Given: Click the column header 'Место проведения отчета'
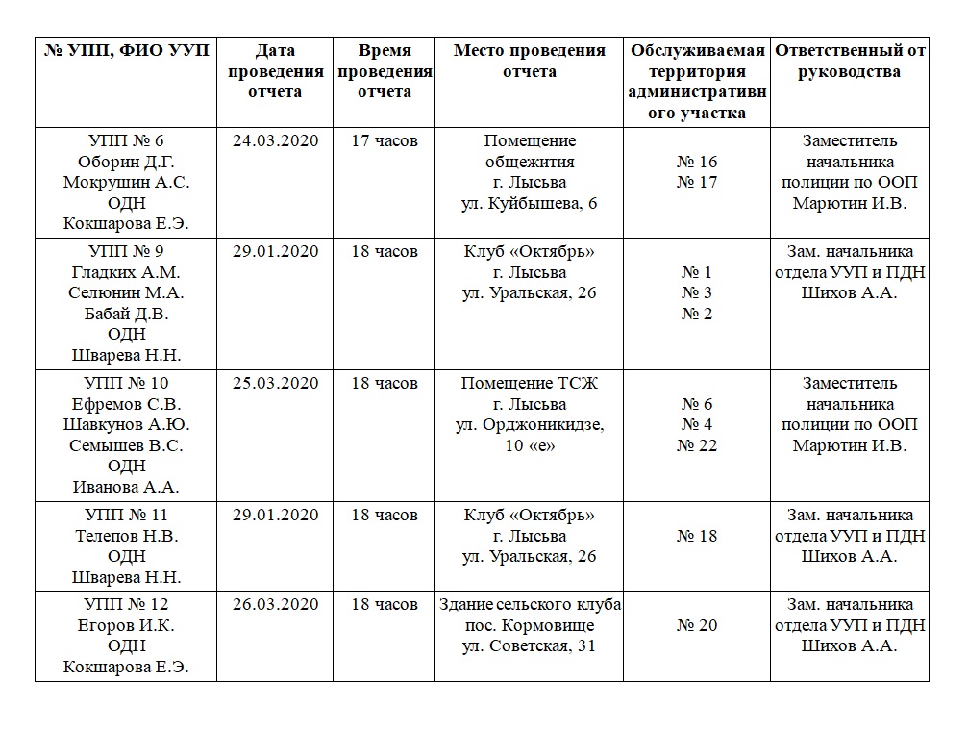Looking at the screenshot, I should pos(530,61).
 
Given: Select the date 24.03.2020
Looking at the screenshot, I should pos(275,140).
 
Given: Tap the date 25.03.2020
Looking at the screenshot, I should pos(275,383).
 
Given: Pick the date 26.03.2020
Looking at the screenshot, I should pos(275,605).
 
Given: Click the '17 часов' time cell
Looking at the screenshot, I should pos(385,140).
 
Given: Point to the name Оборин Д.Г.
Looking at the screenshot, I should pos(126,162).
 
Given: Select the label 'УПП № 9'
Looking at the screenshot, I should pos(126,252).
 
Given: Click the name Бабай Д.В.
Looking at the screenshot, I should pos(126,314).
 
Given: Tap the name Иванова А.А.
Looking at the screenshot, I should pos(126,487).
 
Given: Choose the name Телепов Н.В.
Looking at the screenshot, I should pos(126,536).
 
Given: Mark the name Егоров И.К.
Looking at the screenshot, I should pos(126,625).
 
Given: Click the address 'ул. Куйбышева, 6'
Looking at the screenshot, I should pos(530,203).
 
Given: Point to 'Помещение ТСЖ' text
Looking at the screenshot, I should pos(530,383).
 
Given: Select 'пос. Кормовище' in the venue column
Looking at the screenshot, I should pos(530,625).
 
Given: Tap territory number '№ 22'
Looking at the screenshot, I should pos(697,445).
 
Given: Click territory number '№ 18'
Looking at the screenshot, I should pos(697,536).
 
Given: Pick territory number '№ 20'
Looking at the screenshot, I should pos(697,625).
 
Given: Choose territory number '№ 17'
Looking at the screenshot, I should pos(697,182).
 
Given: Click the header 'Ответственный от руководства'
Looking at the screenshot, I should pos(850,61).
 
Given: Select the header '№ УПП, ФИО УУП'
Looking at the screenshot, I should pos(126,50).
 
